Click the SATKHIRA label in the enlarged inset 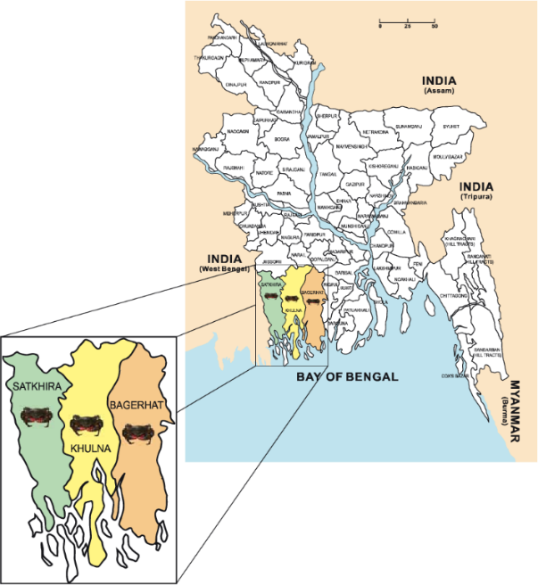(x=35, y=387)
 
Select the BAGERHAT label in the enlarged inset (x=135, y=405)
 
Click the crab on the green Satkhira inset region (x=36, y=414)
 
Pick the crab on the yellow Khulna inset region (x=86, y=424)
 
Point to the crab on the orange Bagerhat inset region (x=137, y=433)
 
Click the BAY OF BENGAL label (x=346, y=377)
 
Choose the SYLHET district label (x=451, y=127)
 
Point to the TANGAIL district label (x=327, y=174)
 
